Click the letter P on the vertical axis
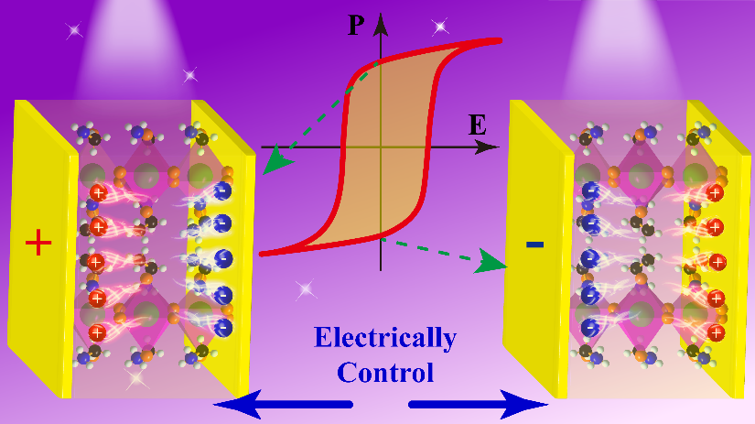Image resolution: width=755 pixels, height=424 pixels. pyautogui.click(x=357, y=26)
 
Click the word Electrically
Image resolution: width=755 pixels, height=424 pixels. pyautogui.click(x=384, y=339)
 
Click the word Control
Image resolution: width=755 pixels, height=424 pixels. pyautogui.click(x=383, y=373)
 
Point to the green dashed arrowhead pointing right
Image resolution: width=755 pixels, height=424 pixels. pyautogui.click(x=495, y=265)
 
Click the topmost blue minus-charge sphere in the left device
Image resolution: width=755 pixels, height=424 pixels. pyautogui.click(x=223, y=190)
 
